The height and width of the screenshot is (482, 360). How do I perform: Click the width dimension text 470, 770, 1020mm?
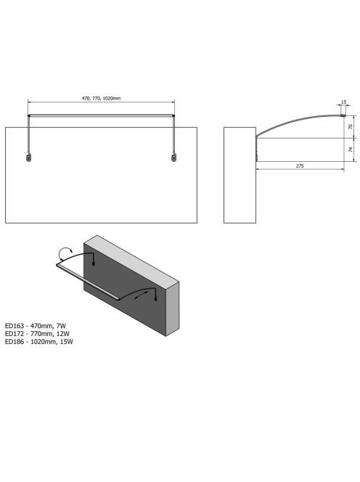tap(101, 99)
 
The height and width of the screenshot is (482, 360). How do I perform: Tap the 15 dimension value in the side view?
tap(344, 102)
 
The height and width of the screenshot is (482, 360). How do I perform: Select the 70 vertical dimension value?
tap(351, 126)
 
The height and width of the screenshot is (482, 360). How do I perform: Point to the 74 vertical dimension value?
tap(351, 150)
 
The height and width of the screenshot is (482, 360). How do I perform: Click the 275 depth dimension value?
tap(300, 166)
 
